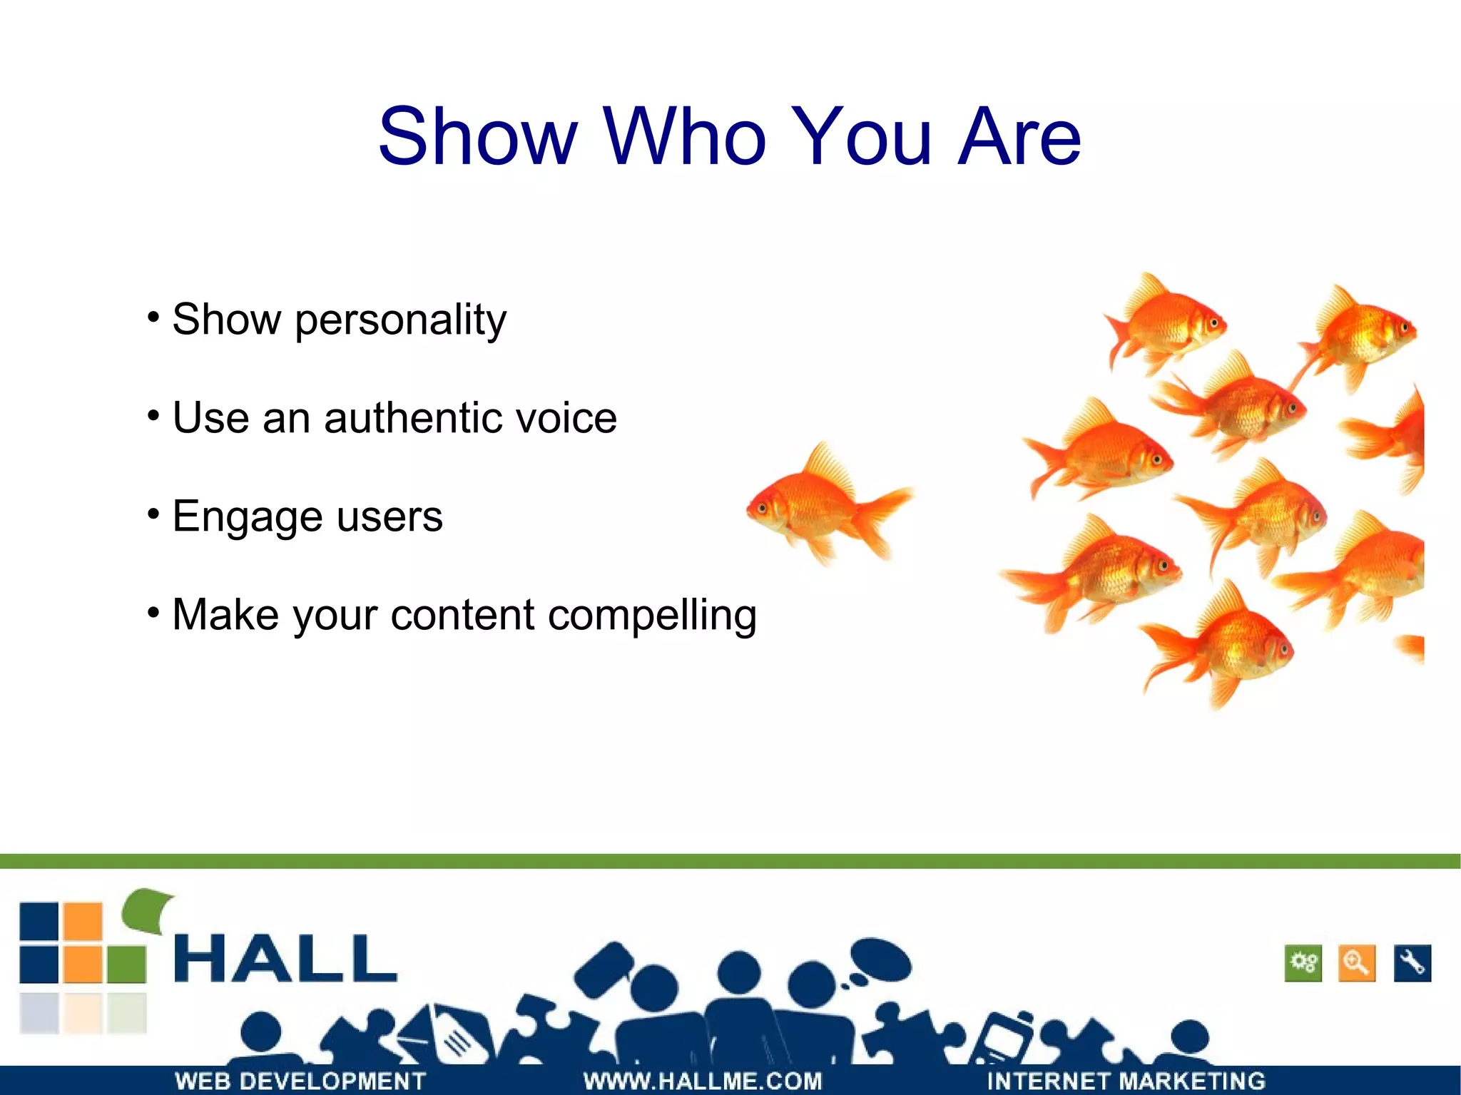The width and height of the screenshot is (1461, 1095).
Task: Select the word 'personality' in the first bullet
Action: click(x=400, y=320)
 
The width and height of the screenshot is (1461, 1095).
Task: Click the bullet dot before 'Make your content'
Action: click(x=153, y=611)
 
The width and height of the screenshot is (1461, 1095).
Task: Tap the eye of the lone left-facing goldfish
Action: click(x=762, y=508)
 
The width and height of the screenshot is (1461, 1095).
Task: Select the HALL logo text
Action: click(x=285, y=959)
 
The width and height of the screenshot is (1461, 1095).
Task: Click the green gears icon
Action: click(x=1303, y=963)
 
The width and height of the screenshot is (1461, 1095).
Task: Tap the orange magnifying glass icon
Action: click(x=1356, y=963)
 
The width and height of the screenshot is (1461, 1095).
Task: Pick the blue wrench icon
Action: click(x=1412, y=963)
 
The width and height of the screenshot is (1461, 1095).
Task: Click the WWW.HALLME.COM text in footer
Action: click(x=703, y=1081)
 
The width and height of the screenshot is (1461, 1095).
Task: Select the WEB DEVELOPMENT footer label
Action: click(x=300, y=1081)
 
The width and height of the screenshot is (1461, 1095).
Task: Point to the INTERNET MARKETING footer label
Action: click(x=1126, y=1081)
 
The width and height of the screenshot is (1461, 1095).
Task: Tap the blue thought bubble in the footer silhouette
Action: click(x=882, y=959)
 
